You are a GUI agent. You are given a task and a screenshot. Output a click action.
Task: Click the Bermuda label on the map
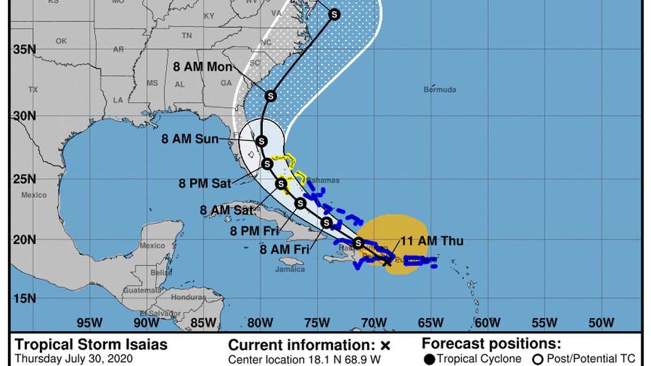pyautogui.click(x=440, y=90)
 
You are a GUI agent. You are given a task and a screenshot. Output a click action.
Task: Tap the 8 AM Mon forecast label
pyautogui.click(x=203, y=67)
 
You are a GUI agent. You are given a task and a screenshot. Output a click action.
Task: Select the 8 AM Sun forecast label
pyautogui.click(x=190, y=139)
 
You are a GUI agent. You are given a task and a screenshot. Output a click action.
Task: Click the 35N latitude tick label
pyautogui.click(x=25, y=49)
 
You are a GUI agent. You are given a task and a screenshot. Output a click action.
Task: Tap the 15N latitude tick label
pyautogui.click(x=25, y=299)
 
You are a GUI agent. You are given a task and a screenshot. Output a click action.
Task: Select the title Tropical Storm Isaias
pyautogui.click(x=91, y=345)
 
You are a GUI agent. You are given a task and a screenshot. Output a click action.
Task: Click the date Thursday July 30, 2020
pyautogui.click(x=74, y=359)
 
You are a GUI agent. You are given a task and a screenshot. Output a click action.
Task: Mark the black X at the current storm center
pyautogui.click(x=387, y=262)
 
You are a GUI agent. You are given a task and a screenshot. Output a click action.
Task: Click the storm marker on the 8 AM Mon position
pyautogui.click(x=271, y=96)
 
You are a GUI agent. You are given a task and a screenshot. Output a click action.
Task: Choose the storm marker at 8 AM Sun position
pyautogui.click(x=262, y=140)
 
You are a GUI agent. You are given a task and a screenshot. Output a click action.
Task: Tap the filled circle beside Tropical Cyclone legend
pyautogui.click(x=429, y=359)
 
